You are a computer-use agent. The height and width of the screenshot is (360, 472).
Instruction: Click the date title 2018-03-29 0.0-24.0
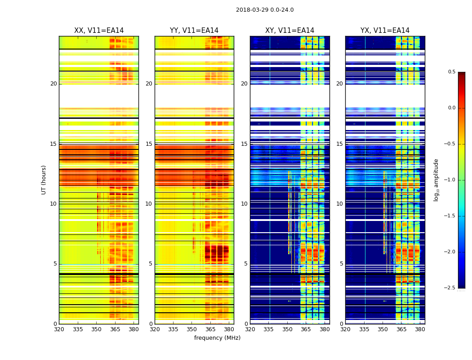(x=265, y=10)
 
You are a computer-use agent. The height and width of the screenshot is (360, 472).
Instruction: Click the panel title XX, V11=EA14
(x=99, y=31)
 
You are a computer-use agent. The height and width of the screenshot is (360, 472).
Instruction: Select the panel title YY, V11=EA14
(x=194, y=31)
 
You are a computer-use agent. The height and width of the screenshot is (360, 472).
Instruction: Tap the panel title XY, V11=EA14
(x=289, y=31)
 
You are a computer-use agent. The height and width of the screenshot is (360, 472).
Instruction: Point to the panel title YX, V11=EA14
(x=385, y=31)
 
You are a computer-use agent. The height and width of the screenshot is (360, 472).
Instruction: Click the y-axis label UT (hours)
(x=44, y=180)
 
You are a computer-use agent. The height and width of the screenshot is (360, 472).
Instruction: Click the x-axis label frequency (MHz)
(x=217, y=338)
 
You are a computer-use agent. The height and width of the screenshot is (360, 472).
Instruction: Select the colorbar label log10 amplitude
(x=436, y=180)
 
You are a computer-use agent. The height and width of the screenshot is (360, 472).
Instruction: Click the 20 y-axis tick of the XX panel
(x=53, y=84)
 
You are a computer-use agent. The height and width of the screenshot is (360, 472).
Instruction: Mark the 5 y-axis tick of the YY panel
(x=151, y=264)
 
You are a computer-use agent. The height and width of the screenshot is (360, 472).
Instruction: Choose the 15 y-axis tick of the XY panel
(x=245, y=144)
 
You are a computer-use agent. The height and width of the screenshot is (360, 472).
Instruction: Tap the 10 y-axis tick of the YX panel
(x=340, y=204)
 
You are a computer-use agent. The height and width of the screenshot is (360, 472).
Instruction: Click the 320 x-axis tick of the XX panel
(x=59, y=329)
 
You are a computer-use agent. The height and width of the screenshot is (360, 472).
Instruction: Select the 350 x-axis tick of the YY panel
(x=192, y=329)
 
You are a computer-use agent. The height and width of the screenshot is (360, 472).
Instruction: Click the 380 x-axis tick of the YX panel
(x=420, y=329)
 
